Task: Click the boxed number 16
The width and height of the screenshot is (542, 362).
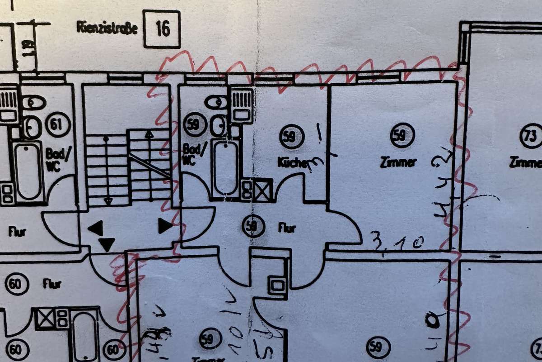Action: click(x=162, y=29)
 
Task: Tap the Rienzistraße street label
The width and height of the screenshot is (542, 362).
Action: click(x=107, y=27)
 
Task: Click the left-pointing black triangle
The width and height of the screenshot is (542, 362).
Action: click(x=96, y=227)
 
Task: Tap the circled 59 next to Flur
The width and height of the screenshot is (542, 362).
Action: click(x=253, y=227)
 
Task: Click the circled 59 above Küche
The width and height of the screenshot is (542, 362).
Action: click(x=291, y=137)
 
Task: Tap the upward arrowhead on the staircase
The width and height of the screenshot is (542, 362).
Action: click(x=149, y=134)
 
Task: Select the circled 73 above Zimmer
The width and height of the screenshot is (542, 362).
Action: click(x=531, y=136)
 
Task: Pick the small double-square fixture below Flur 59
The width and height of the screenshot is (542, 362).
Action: click(x=277, y=285)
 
